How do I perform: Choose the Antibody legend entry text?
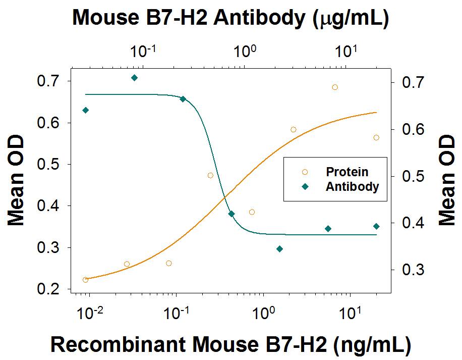point(352,186)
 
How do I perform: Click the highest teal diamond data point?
point(134,78)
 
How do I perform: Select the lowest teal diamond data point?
point(280,249)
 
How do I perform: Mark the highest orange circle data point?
point(335,87)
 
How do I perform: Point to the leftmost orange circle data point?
point(85,280)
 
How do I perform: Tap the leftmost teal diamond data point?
point(85,110)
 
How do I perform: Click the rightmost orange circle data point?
point(376,137)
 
